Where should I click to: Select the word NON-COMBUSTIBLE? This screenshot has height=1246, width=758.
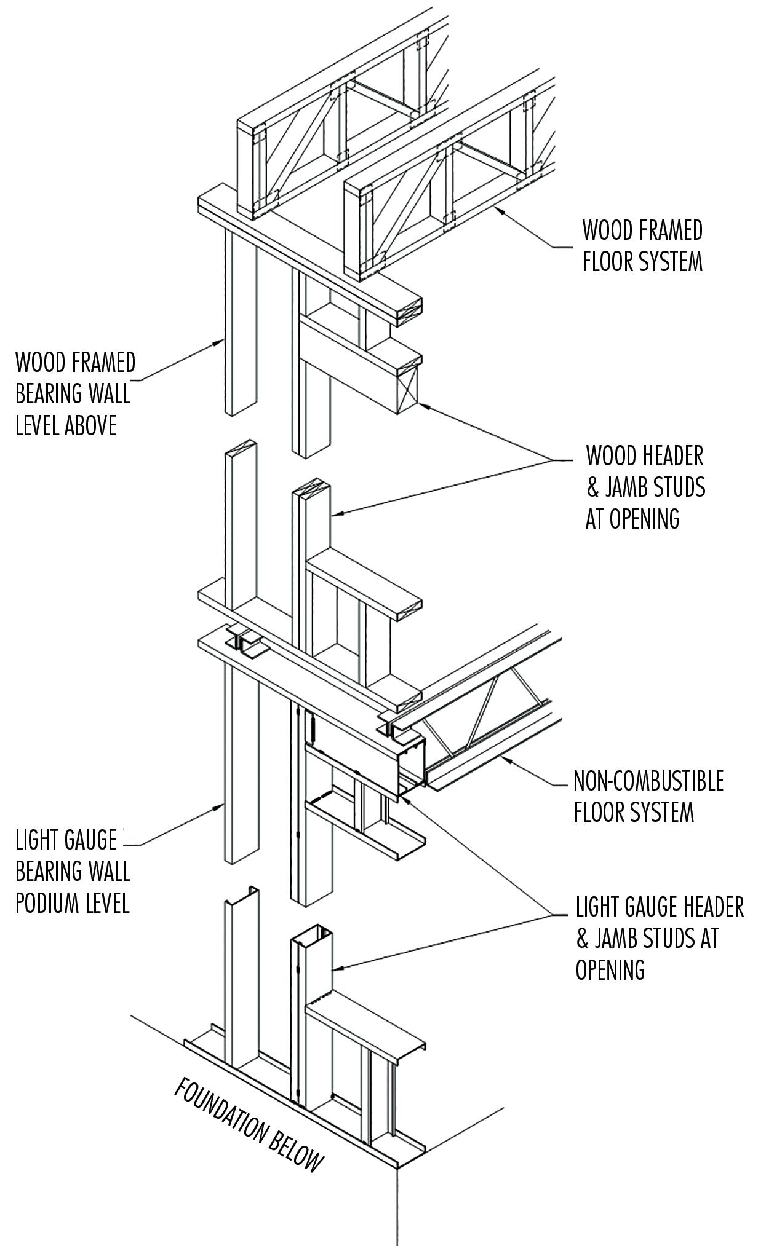(x=648, y=781)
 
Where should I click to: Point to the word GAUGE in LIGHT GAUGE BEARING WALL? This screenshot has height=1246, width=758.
(x=92, y=840)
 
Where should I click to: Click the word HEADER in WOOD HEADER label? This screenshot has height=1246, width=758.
(x=674, y=456)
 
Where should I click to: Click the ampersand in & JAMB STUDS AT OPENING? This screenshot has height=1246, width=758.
(x=581, y=939)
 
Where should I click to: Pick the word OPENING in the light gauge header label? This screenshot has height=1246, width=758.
(x=610, y=969)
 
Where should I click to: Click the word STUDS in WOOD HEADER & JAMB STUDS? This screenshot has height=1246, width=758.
(x=677, y=487)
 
